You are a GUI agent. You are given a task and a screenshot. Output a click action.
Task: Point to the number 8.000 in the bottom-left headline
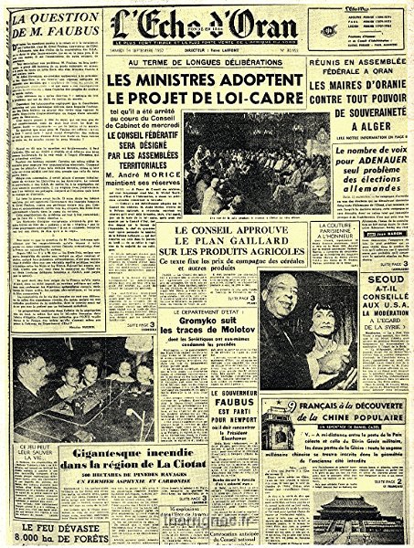click(27, 538)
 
